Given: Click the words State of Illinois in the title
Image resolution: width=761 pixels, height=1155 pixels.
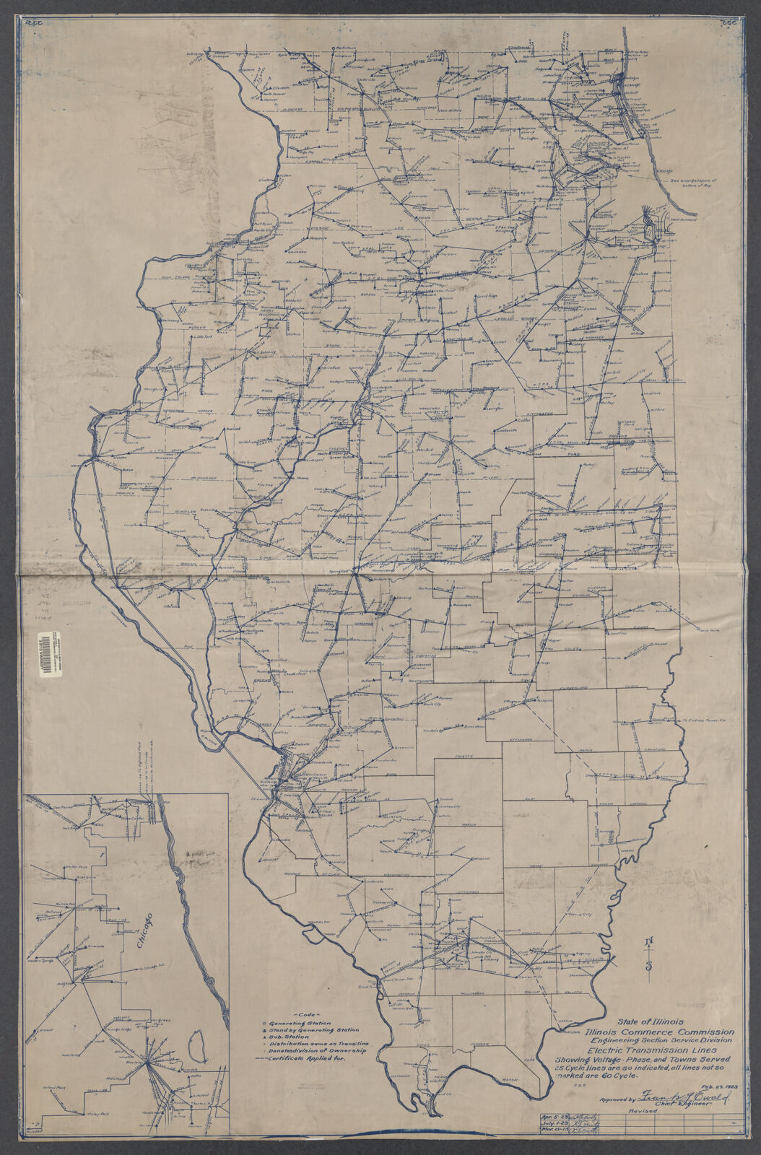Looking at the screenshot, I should pos(644,1021).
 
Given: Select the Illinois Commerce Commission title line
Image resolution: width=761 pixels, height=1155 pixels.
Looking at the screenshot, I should pos(660,1032).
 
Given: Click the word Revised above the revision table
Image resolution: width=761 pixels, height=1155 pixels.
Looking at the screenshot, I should pos(643,1091).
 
